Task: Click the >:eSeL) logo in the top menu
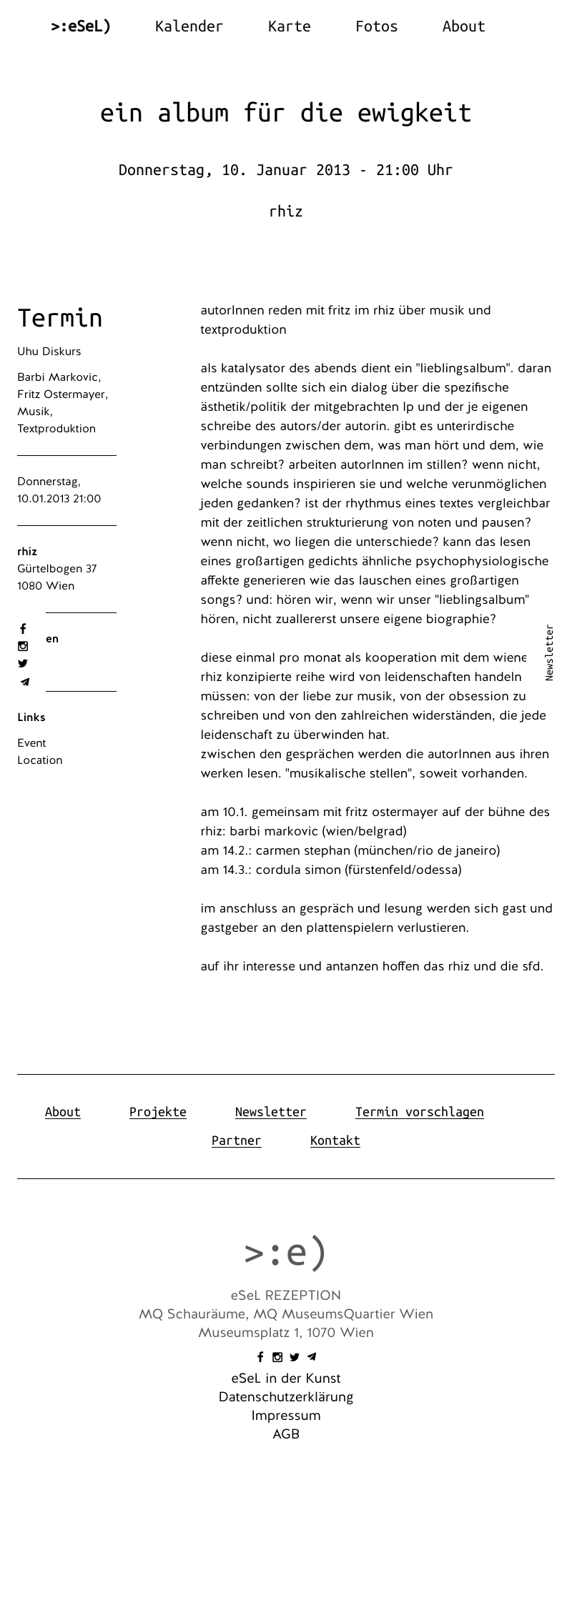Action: [81, 26]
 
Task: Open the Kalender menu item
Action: [189, 26]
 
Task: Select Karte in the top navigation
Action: [289, 26]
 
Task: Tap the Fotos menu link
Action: [376, 26]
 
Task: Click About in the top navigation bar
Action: [463, 26]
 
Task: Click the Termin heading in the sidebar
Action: [60, 318]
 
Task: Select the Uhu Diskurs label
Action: [49, 352]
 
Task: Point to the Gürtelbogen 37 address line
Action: [57, 569]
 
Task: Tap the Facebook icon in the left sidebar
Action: [23, 629]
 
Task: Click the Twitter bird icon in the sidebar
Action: [23, 664]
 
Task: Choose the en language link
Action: [52, 639]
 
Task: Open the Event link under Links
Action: [31, 743]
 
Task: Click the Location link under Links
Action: [40, 760]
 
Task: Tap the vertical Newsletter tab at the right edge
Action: [549, 652]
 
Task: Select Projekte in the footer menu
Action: [158, 1112]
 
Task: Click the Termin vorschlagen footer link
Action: [420, 1112]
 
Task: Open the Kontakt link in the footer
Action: [335, 1141]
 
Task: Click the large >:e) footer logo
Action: [285, 1252]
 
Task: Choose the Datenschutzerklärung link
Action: [286, 1397]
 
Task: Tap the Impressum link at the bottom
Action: [286, 1416]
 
